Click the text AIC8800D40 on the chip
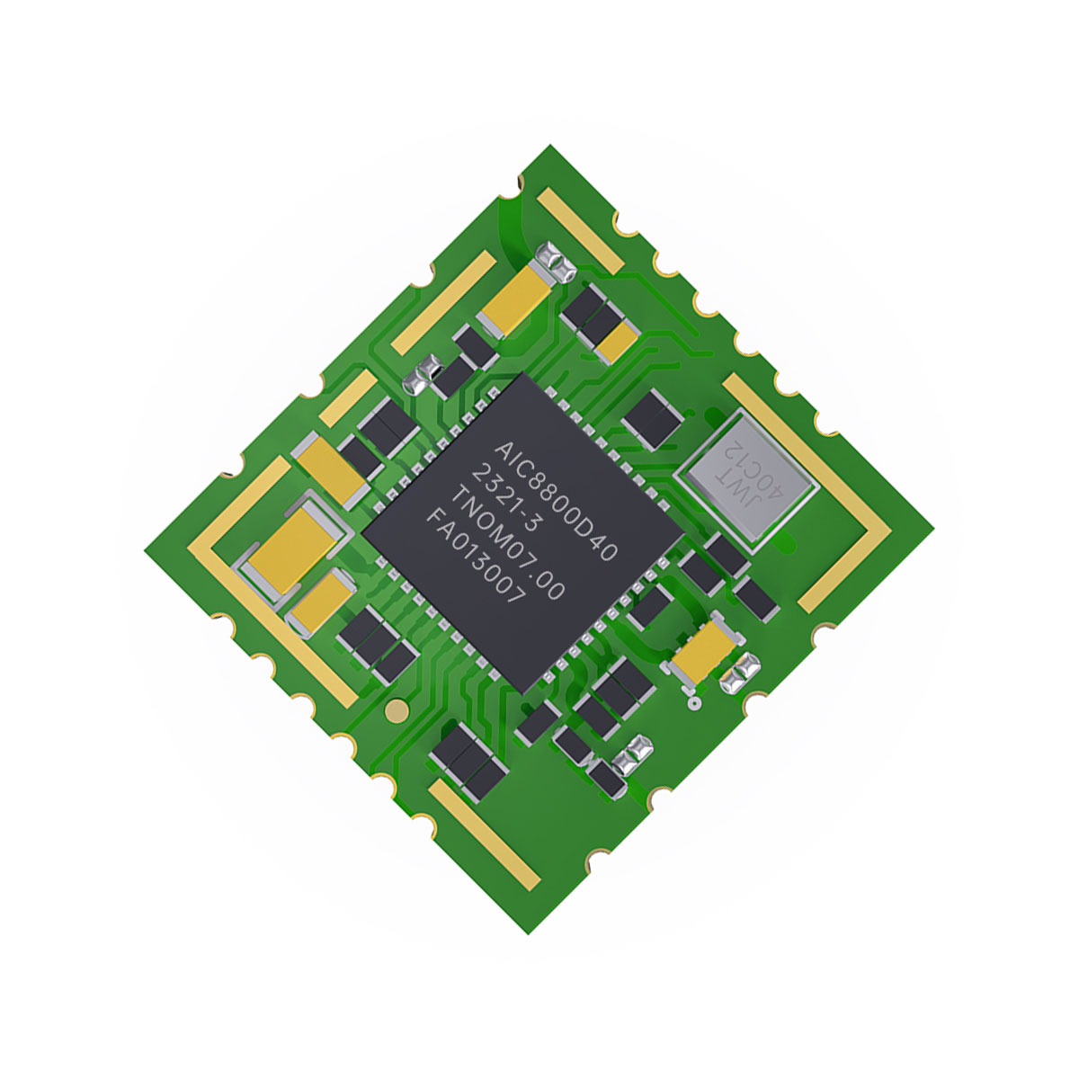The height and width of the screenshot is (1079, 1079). (557, 501)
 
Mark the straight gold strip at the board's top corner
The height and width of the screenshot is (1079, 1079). (580, 231)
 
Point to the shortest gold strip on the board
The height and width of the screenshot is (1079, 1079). (349, 398)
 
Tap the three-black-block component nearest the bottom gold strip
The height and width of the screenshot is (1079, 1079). (468, 760)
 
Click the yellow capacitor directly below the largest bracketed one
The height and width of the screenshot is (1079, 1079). (319, 600)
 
